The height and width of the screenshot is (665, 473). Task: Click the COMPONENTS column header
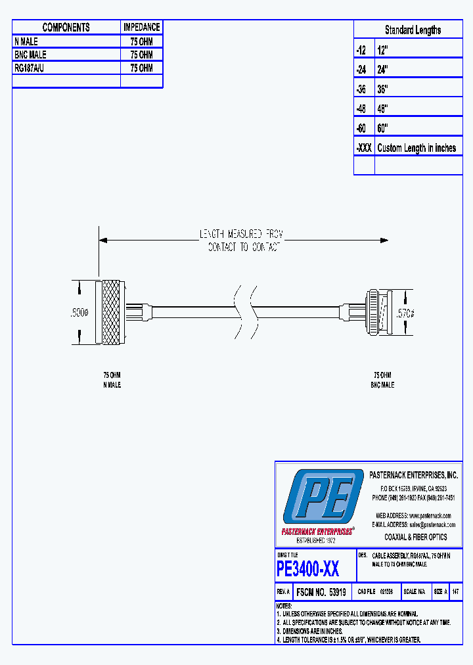[66, 28]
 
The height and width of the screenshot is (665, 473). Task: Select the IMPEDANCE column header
[141, 28]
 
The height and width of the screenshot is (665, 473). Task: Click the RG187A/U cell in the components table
[30, 68]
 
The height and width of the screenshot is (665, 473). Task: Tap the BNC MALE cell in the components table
[31, 55]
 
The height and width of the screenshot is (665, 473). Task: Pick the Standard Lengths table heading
[413, 30]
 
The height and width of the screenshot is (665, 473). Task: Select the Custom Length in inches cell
[417, 149]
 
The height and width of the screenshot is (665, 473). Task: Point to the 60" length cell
[383, 128]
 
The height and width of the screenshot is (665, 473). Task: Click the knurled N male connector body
[110, 313]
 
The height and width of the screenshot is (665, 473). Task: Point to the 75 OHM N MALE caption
[112, 380]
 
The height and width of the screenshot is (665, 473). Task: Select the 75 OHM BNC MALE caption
[382, 380]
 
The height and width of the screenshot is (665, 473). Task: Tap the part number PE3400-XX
[308, 568]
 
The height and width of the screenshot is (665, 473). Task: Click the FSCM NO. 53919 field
[321, 592]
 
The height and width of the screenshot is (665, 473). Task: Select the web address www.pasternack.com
[428, 516]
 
